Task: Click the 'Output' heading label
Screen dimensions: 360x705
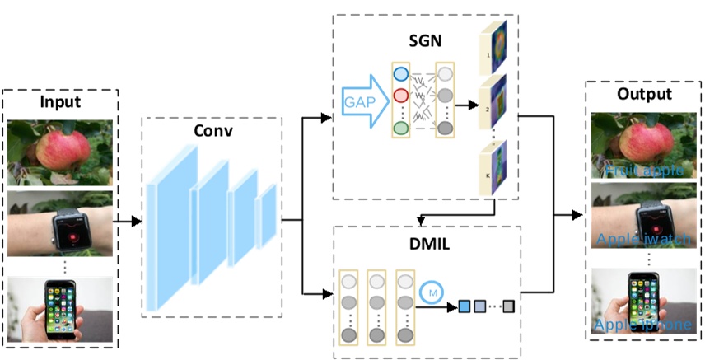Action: pos(645,95)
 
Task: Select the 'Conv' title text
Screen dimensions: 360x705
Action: pos(212,131)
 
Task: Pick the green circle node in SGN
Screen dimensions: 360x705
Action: pos(401,129)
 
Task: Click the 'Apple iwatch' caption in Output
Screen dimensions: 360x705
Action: pos(644,240)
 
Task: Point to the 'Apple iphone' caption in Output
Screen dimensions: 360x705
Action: pos(644,325)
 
